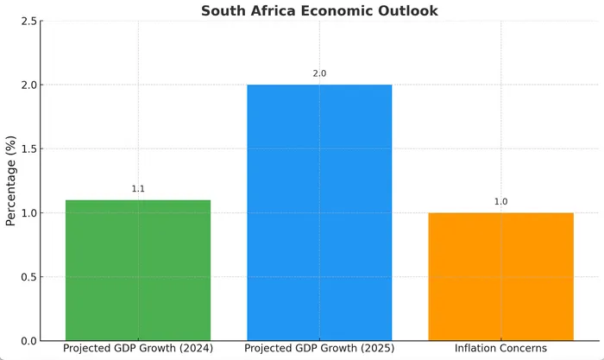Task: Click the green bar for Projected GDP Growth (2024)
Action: coord(138,269)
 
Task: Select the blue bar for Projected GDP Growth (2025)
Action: coord(319,212)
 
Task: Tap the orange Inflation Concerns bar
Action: coord(500,275)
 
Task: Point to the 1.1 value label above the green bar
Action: coord(138,189)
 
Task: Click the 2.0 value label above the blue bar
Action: coord(319,74)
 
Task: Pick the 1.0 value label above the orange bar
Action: coord(500,202)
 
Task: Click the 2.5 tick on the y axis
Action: coord(28,22)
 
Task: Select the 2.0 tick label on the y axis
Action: coord(28,85)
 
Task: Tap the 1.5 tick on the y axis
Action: coord(28,149)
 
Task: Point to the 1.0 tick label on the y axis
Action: coord(28,213)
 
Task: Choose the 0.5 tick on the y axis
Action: coord(28,277)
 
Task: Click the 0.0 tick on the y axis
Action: coord(28,341)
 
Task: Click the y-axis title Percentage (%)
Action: coord(11,180)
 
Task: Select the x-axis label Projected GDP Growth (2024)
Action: coord(138,348)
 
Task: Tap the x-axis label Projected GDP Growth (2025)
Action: coord(319,348)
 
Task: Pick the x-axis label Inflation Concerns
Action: coord(500,348)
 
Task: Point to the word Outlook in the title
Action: coord(408,11)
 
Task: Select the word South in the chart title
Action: coord(223,11)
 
